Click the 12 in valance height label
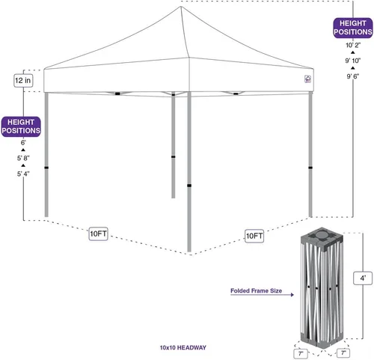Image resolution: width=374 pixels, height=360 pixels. click(x=23, y=81)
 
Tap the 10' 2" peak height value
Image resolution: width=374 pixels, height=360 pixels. click(x=353, y=46)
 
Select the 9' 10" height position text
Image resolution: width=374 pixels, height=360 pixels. click(x=353, y=61)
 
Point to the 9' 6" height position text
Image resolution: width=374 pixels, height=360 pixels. click(x=353, y=76)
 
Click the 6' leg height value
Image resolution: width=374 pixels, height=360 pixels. click(x=23, y=143)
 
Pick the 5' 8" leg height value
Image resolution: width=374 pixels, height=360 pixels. click(x=23, y=158)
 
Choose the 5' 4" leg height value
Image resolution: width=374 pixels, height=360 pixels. click(x=23, y=174)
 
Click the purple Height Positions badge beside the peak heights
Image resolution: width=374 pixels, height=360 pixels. click(x=353, y=28)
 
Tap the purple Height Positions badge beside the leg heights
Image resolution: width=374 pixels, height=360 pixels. click(x=21, y=126)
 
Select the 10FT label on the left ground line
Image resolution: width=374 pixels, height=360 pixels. click(x=98, y=234)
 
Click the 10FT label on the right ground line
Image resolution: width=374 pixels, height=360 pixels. click(x=254, y=236)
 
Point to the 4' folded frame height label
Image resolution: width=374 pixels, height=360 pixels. click(x=363, y=278)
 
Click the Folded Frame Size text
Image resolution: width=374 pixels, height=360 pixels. click(x=256, y=290)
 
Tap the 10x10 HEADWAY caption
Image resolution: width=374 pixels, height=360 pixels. click(x=183, y=347)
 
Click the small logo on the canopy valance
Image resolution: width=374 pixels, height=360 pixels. click(x=308, y=79)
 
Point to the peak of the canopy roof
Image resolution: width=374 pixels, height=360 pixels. click(x=181, y=7)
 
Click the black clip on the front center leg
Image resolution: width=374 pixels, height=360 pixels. click(x=189, y=186)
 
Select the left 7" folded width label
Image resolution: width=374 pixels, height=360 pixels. click(x=301, y=353)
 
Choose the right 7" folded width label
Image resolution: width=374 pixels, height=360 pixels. click(x=343, y=353)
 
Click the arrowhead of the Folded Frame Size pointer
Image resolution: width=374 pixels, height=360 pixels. click(x=292, y=295)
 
